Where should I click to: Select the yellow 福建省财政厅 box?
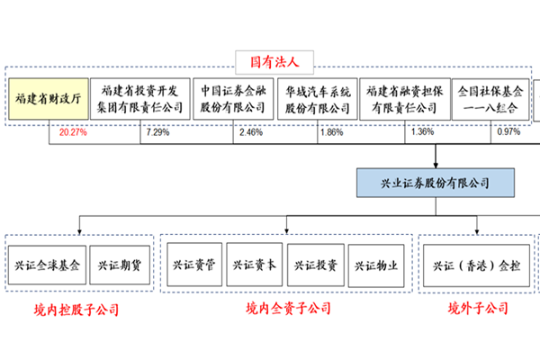tap(49, 99)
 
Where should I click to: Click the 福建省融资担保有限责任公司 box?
tap(401, 99)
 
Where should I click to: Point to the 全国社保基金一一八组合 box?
tap(485, 99)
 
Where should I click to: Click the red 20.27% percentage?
tap(72, 131)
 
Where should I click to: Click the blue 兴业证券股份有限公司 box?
tap(436, 183)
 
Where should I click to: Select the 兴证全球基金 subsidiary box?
tap(47, 266)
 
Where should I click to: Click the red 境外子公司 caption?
tap(479, 310)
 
